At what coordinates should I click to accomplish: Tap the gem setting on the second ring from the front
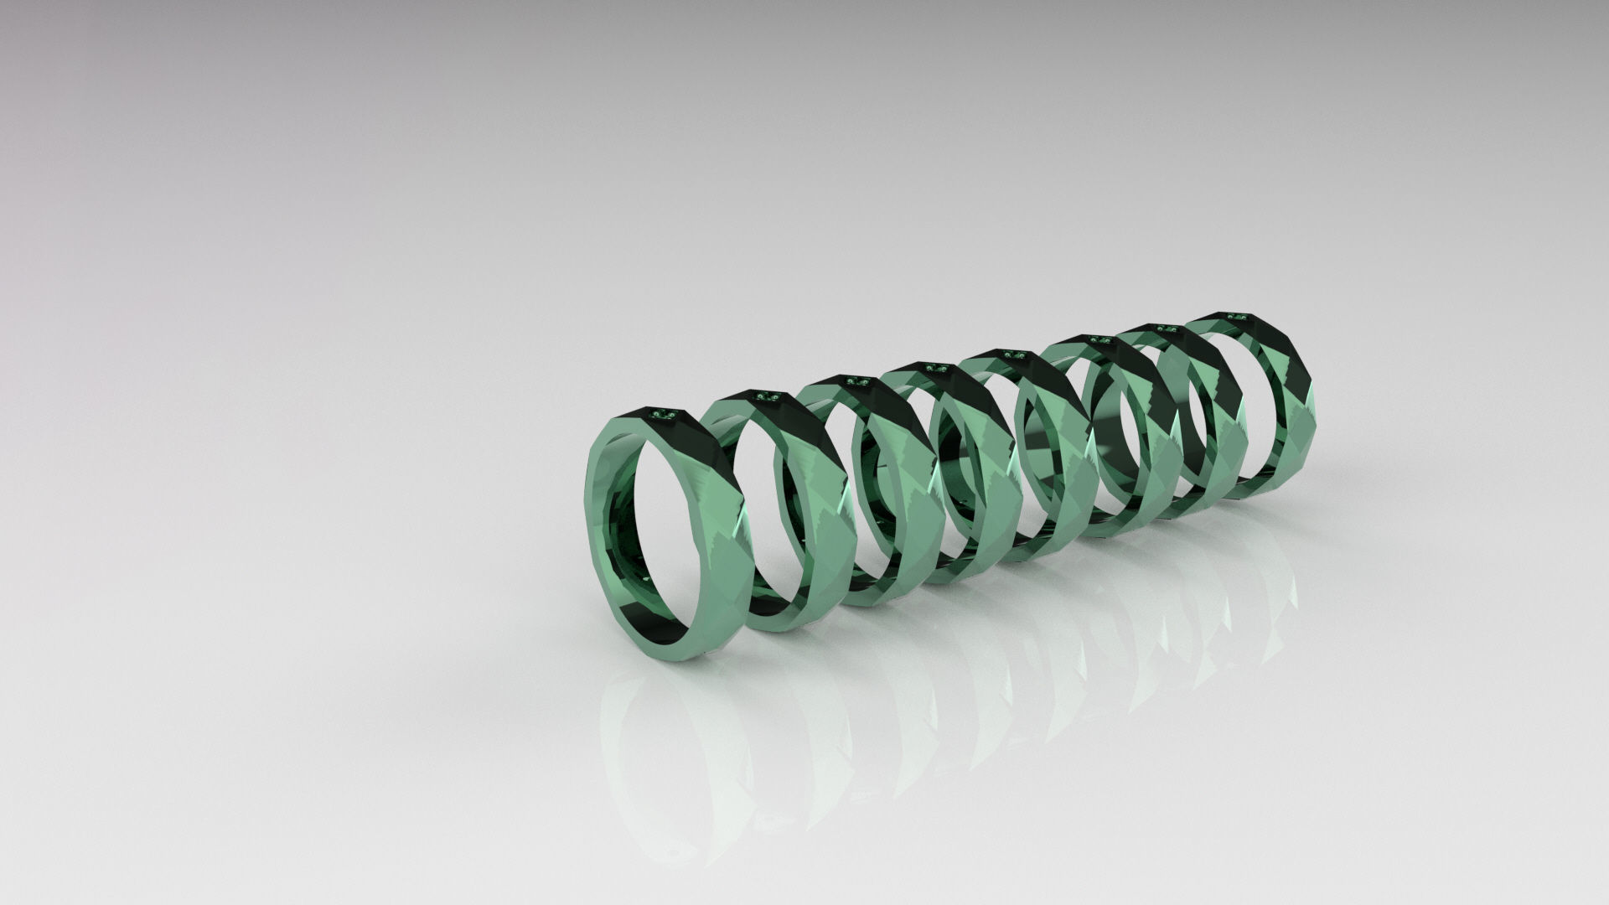pyautogui.click(x=766, y=396)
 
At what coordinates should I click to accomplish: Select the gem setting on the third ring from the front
pyautogui.click(x=855, y=380)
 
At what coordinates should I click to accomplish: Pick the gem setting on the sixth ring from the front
pyautogui.click(x=1099, y=339)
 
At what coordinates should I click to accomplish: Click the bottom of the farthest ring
pyautogui.click(x=1257, y=500)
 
